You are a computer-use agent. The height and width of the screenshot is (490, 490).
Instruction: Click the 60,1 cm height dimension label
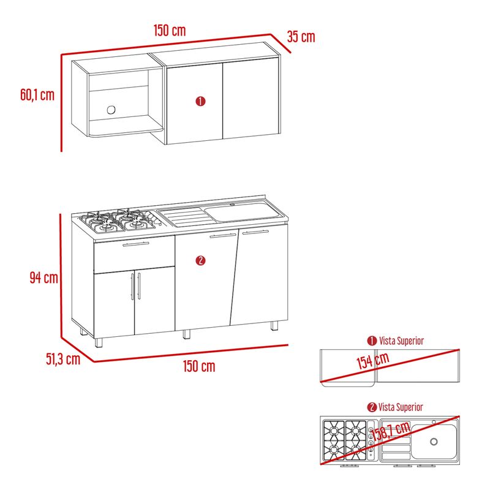(37, 95)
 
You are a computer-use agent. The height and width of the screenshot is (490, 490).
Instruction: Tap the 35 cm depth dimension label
(301, 37)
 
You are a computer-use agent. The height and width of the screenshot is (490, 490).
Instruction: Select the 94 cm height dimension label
(43, 277)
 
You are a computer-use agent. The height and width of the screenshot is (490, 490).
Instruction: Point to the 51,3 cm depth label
(63, 359)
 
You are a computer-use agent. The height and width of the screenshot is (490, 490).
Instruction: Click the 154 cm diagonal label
(373, 361)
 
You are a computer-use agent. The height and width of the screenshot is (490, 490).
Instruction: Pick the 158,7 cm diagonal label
(391, 431)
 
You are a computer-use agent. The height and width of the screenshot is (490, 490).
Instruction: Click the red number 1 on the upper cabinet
(200, 101)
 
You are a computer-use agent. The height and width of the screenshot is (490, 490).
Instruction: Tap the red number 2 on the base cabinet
(200, 261)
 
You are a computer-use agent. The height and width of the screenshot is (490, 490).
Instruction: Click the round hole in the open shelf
(111, 110)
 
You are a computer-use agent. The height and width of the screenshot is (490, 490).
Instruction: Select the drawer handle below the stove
(135, 244)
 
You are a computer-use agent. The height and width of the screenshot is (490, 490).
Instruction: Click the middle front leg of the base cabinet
(186, 334)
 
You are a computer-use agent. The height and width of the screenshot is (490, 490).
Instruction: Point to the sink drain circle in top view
(434, 442)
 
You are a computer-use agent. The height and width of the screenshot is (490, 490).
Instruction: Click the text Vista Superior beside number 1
(402, 341)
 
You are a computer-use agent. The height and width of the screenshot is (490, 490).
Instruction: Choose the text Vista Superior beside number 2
(401, 407)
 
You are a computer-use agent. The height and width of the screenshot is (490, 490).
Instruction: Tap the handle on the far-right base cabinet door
(255, 232)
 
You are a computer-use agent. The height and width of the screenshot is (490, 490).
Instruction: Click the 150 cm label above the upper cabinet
(170, 30)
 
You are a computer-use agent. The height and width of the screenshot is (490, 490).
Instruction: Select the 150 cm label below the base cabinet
(199, 366)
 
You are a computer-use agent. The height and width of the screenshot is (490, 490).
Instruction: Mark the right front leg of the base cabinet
(274, 326)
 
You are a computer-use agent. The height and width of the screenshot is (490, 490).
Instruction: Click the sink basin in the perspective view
(241, 211)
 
